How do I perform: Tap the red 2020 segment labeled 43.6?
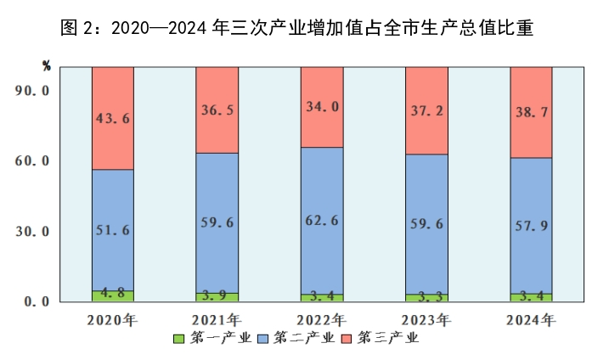pos(113,119)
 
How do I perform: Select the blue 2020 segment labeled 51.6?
pos(113,230)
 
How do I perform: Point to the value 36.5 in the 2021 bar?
pos(217,110)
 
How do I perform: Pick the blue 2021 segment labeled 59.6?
pos(217,222)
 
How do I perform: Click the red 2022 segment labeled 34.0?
pos(322,107)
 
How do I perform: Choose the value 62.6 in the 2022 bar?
pos(322,221)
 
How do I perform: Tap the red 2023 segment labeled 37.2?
pos(426,110)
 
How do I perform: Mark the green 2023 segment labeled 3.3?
pos(426,297)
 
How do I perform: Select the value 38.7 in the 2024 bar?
pos(531,112)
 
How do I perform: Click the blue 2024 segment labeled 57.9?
pos(531,225)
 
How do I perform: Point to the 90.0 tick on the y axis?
pos(34,90)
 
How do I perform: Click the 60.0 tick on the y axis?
pos(34,160)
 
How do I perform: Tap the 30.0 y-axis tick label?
pos(34,231)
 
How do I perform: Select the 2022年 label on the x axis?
pos(322,320)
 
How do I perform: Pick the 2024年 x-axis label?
pos(531,320)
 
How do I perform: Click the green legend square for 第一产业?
pos(179,339)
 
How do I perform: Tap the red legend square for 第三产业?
pos(347,339)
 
